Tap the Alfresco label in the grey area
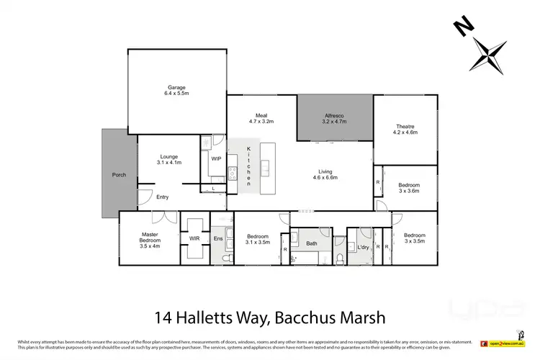pyautogui.click(x=335, y=117)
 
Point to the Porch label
pyautogui.click(x=119, y=175)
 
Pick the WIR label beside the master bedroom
pyautogui.click(x=194, y=238)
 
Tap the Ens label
pyautogui.click(x=218, y=238)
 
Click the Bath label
pyautogui.click(x=311, y=243)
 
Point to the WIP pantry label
pyautogui.click(x=216, y=158)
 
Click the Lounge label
pyautogui.click(x=169, y=156)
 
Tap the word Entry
pyautogui.click(x=163, y=197)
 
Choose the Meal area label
pyautogui.click(x=261, y=114)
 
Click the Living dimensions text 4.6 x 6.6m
pyautogui.click(x=325, y=177)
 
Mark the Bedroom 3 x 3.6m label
pyautogui.click(x=409, y=189)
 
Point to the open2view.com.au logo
pyautogui.click(x=505, y=344)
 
